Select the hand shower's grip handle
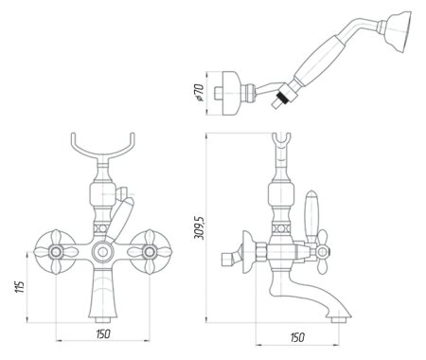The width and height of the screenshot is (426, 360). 321,67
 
